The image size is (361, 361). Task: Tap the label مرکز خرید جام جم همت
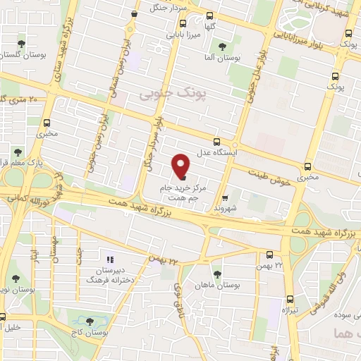pyautogui.click(x=185, y=193)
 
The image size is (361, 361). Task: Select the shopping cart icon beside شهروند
pyautogui.click(x=225, y=178)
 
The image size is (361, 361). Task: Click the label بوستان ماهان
pyautogui.click(x=219, y=286)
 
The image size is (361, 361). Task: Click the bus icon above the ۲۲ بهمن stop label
pyautogui.click(x=271, y=255)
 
